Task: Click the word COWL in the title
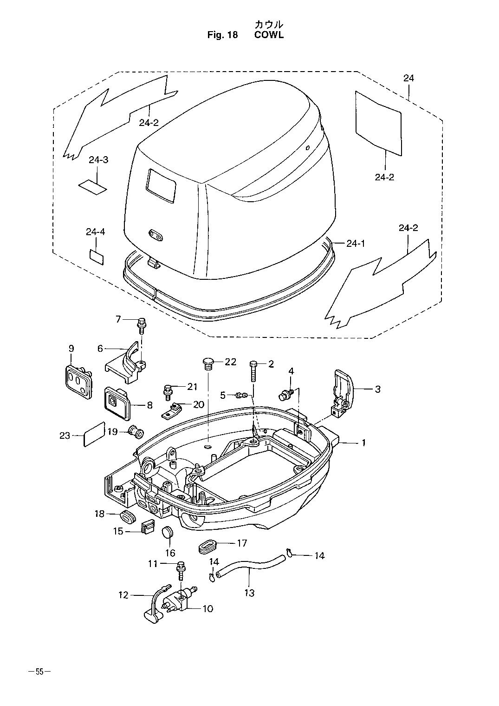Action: click(269, 35)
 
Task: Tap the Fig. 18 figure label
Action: click(223, 35)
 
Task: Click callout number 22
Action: click(230, 362)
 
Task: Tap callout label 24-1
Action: click(356, 244)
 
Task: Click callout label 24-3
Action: click(98, 160)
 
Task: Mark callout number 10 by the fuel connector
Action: click(208, 608)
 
